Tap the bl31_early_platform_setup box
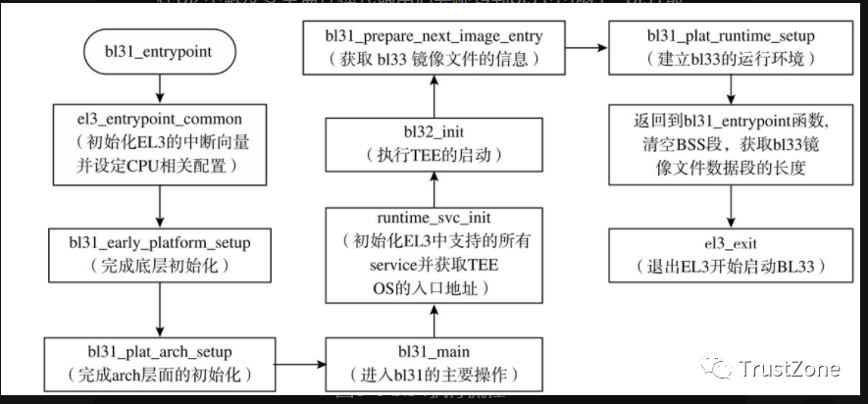tap(159, 253)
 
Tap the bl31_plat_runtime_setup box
tap(727, 47)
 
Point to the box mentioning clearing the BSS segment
tap(727, 145)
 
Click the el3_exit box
tap(727, 253)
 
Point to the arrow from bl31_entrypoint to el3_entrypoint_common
tap(159, 90)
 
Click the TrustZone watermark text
tap(790, 370)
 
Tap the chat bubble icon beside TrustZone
tap(720, 369)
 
